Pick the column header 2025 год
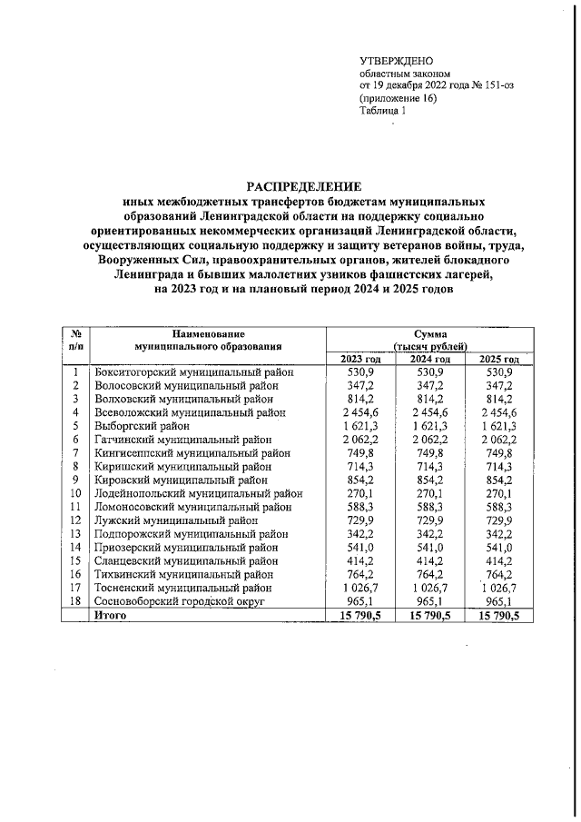pyautogui.click(x=498, y=361)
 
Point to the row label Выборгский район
pyautogui.click(x=142, y=425)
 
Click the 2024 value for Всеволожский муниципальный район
pyautogui.click(x=428, y=412)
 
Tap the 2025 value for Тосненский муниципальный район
pyautogui.click(x=498, y=589)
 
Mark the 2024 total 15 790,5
pyautogui.click(x=428, y=615)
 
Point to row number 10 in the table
pyautogui.click(x=76, y=493)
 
